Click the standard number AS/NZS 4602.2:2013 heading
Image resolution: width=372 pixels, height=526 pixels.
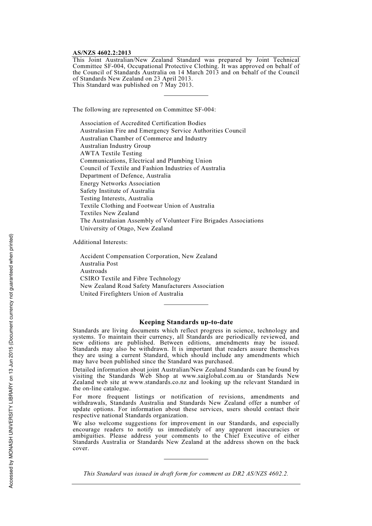pyautogui.click(x=102, y=53)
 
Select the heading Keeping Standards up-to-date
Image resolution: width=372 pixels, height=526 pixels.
pyautogui.click(x=186, y=322)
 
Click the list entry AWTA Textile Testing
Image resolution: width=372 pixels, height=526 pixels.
pyautogui.click(x=111, y=153)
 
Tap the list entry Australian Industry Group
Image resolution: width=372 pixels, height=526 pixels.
pyautogui.click(x=115, y=146)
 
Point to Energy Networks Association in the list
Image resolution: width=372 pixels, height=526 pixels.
pyautogui.click(x=120, y=183)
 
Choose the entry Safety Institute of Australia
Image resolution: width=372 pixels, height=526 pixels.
pyautogui.click(x=117, y=191)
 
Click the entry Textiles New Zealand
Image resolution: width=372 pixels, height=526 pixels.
pyautogui.click(x=109, y=213)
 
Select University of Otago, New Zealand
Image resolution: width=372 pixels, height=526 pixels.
pyautogui.click(x=126, y=228)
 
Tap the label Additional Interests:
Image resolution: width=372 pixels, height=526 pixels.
pyautogui.click(x=100, y=242)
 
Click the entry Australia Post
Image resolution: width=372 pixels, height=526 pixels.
pyautogui.click(x=99, y=264)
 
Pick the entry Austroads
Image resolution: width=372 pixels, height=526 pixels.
pyautogui.click(x=93, y=271)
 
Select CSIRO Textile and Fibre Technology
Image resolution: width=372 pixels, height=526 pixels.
pyautogui.click(x=130, y=278)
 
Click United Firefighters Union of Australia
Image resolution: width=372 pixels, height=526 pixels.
pyautogui.click(x=132, y=294)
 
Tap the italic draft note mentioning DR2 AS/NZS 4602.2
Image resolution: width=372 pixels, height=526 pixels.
pyautogui.click(x=186, y=474)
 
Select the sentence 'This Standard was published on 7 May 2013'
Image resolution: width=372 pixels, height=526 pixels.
pyautogui.click(x=133, y=85)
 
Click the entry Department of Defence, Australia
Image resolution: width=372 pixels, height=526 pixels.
pyautogui.click(x=125, y=176)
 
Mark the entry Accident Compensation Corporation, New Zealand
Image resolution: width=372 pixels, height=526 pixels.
pyautogui.click(x=148, y=256)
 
